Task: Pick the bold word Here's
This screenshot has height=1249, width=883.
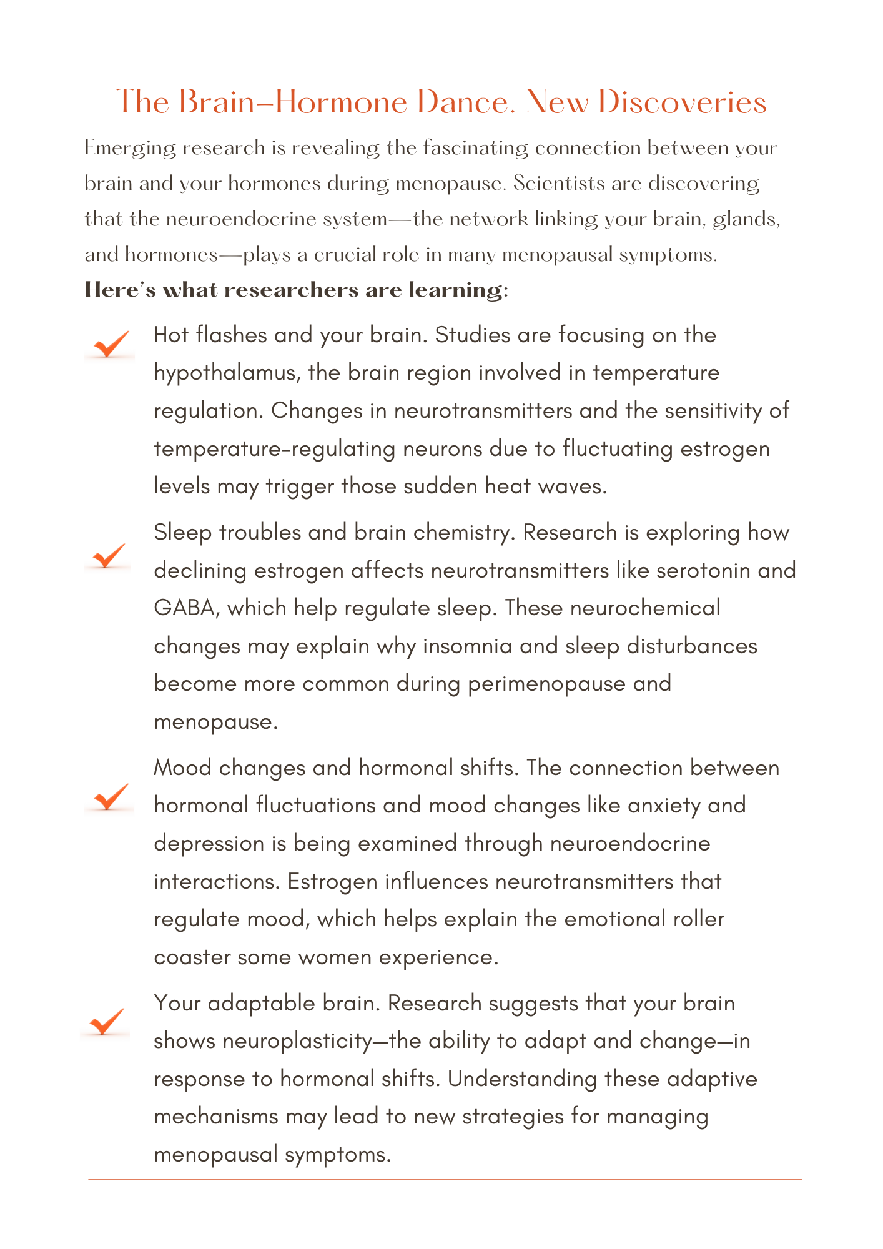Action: tap(119, 290)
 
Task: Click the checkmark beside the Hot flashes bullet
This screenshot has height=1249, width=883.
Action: tap(110, 345)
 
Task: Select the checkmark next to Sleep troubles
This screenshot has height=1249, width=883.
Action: tap(108, 555)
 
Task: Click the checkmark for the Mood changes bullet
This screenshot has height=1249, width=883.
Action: tap(110, 797)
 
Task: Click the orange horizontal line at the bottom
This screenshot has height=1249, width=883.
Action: tap(445, 1180)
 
